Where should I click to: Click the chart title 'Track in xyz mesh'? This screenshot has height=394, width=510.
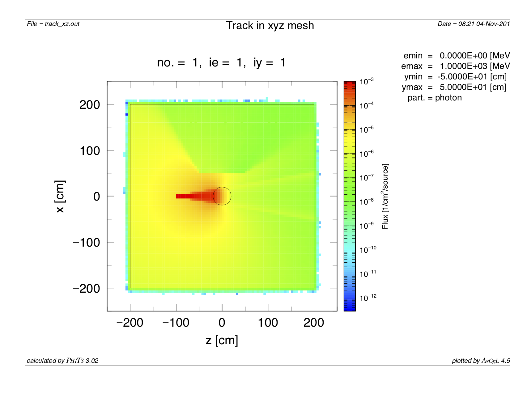(x=270, y=26)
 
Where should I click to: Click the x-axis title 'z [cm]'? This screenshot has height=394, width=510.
(x=222, y=340)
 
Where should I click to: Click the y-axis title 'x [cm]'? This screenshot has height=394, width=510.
(x=60, y=196)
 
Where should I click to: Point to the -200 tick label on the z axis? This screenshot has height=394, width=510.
(x=130, y=323)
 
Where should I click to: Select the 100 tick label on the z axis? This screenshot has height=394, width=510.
(x=268, y=323)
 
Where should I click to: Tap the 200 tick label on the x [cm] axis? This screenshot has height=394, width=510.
(x=90, y=105)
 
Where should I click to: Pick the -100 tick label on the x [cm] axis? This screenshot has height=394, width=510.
(x=86, y=243)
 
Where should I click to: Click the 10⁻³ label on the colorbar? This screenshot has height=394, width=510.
(x=367, y=82)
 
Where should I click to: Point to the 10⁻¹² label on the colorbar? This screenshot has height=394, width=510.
(x=368, y=298)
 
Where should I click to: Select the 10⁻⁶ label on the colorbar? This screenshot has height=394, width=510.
(x=367, y=154)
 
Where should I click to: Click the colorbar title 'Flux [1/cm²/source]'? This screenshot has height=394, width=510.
(x=385, y=196)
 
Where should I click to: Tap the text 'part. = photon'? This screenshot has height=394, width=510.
(x=435, y=98)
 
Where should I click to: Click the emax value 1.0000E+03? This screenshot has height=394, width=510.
(x=463, y=66)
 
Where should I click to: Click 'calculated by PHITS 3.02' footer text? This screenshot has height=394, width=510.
(x=62, y=361)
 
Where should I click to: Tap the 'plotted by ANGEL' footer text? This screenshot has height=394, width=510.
(x=480, y=361)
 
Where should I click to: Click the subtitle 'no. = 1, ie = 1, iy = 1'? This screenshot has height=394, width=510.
(x=221, y=63)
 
